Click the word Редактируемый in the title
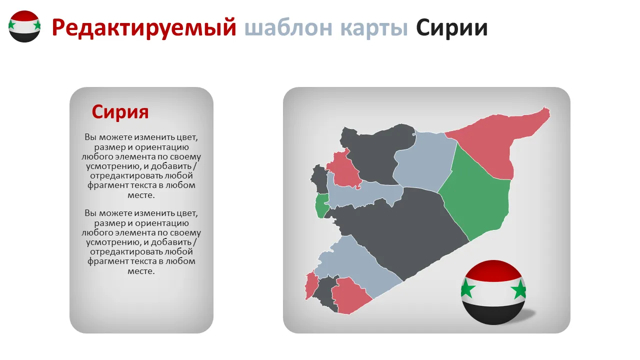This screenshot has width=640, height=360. pyautogui.click(x=144, y=28)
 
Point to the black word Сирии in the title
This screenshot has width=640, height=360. pyautogui.click(x=451, y=28)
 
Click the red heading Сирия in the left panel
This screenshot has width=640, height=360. pyautogui.click(x=120, y=111)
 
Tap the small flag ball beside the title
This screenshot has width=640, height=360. pyautogui.click(x=24, y=26)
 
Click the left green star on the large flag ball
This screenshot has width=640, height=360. pyautogui.click(x=467, y=288)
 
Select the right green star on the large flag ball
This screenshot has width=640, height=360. pyautogui.click(x=519, y=289)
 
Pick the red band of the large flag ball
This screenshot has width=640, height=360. pyautogui.click(x=493, y=269)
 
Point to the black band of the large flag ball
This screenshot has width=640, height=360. pyautogui.click(x=493, y=313)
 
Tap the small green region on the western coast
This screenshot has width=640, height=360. pyautogui.click(x=321, y=205)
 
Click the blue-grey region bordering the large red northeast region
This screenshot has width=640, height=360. pyautogui.click(x=424, y=161)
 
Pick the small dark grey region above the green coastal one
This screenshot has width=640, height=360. pyautogui.click(x=319, y=179)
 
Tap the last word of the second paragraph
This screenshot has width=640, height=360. pyautogui.click(x=141, y=271)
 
